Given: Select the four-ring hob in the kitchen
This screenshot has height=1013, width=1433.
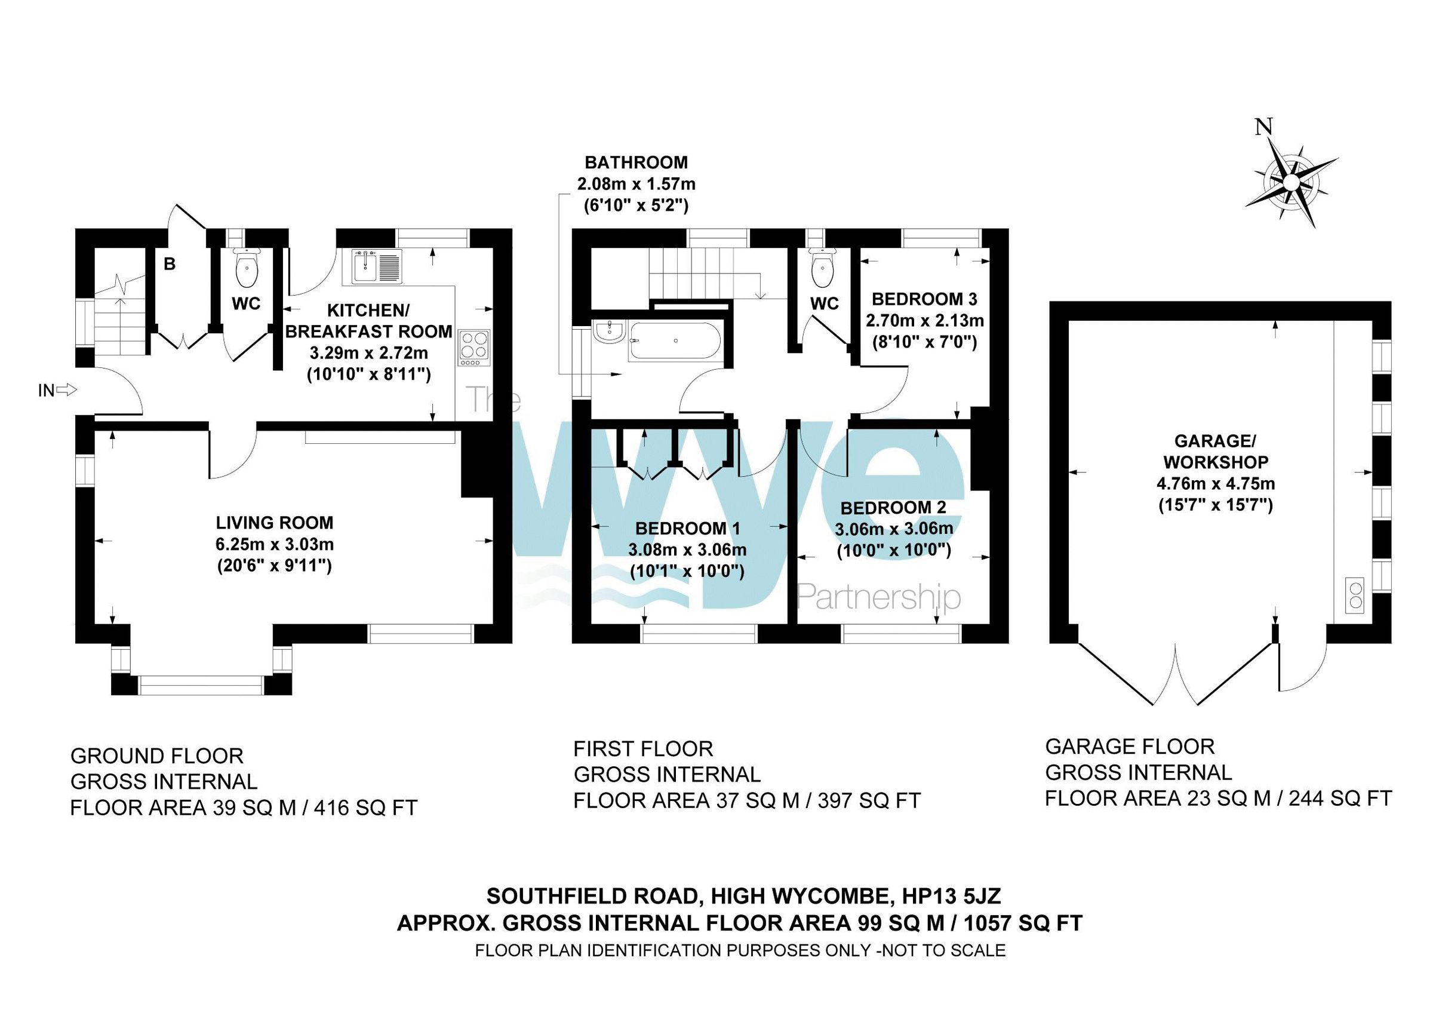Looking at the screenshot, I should [474, 348].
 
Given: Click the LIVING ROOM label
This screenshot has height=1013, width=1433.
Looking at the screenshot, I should [275, 523].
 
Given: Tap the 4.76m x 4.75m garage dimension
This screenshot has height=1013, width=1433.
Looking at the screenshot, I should [1215, 484].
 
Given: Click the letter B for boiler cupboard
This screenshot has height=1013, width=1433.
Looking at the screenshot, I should [169, 265].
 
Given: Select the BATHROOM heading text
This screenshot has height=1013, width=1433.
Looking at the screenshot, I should [636, 163].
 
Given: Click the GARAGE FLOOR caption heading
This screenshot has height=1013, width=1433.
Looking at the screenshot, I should [1130, 747].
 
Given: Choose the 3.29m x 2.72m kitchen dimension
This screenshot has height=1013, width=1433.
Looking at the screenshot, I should [369, 353].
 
